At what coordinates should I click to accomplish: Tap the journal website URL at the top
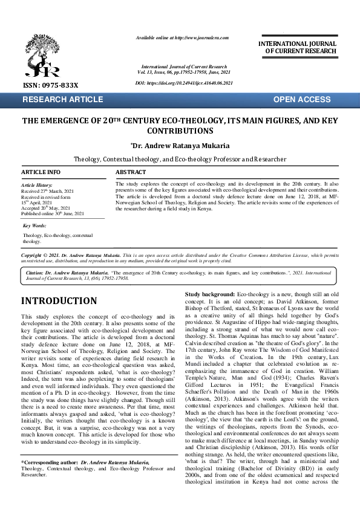click(x=182, y=37)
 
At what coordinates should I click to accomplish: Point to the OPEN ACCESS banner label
click(x=302, y=99)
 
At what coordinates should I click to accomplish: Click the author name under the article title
click(x=180, y=146)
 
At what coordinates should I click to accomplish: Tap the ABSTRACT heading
click(x=130, y=172)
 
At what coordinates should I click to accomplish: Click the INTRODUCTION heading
click(x=59, y=300)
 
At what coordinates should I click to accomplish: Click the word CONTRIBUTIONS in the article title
click(x=180, y=131)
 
